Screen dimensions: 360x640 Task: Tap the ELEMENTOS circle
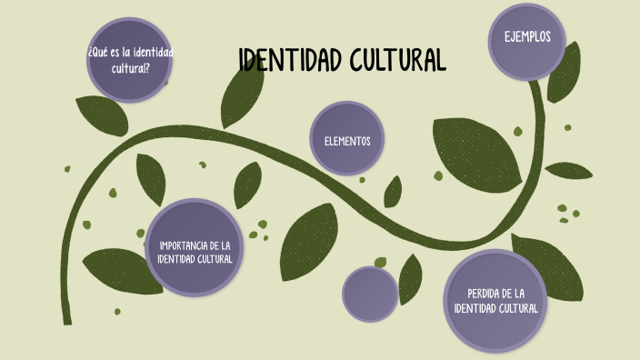point(346,140)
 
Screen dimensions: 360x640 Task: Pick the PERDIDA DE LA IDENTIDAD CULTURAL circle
point(495,300)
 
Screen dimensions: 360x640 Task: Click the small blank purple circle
point(371,294)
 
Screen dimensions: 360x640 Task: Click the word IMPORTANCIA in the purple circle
point(180,245)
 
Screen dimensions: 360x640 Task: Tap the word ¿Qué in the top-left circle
point(96,52)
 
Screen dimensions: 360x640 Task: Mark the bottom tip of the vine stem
point(67,320)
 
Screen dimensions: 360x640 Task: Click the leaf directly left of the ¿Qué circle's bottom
point(101,114)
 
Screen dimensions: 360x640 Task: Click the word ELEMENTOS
point(346,140)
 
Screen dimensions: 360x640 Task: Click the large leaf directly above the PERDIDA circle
point(475,150)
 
